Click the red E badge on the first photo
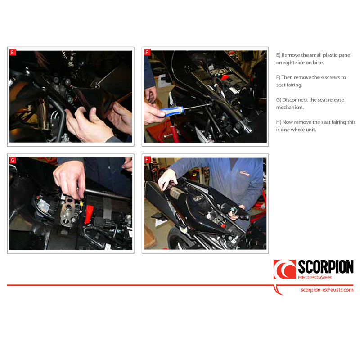point(13,53)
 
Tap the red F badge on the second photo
point(147,53)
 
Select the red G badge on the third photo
point(13,160)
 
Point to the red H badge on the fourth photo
point(147,160)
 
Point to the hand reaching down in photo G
point(70,178)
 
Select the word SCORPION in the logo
point(325,267)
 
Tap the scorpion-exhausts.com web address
point(327,290)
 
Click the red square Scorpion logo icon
point(284,269)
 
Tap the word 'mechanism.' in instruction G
point(291,108)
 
